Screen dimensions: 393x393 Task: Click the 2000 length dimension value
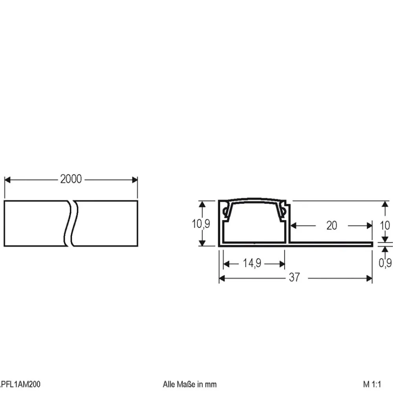71,179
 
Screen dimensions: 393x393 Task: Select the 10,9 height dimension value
201,224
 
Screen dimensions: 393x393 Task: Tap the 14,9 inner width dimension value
252,263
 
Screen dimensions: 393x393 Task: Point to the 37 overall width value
294,277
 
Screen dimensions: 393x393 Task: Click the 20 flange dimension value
332,226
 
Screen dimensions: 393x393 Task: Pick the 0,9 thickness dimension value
385,263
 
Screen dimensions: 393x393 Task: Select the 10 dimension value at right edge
385,226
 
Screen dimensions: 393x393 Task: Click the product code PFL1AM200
20,384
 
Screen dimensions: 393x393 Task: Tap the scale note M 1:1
372,384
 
